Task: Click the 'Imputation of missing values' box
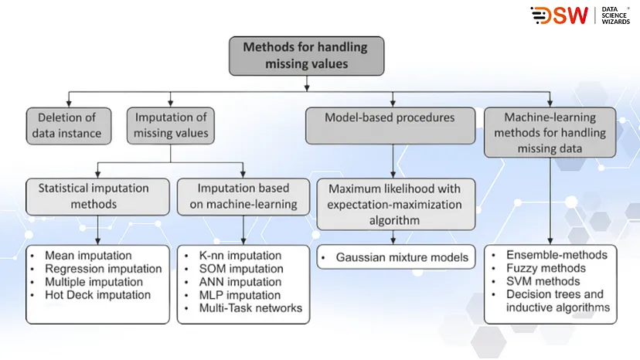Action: [171, 125]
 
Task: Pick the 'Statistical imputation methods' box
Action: [97, 196]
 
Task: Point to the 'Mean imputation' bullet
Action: [87, 256]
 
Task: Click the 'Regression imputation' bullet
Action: [103, 269]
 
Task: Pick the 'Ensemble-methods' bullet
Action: [556, 255]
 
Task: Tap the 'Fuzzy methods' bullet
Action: [546, 268]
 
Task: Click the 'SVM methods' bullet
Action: [542, 281]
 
